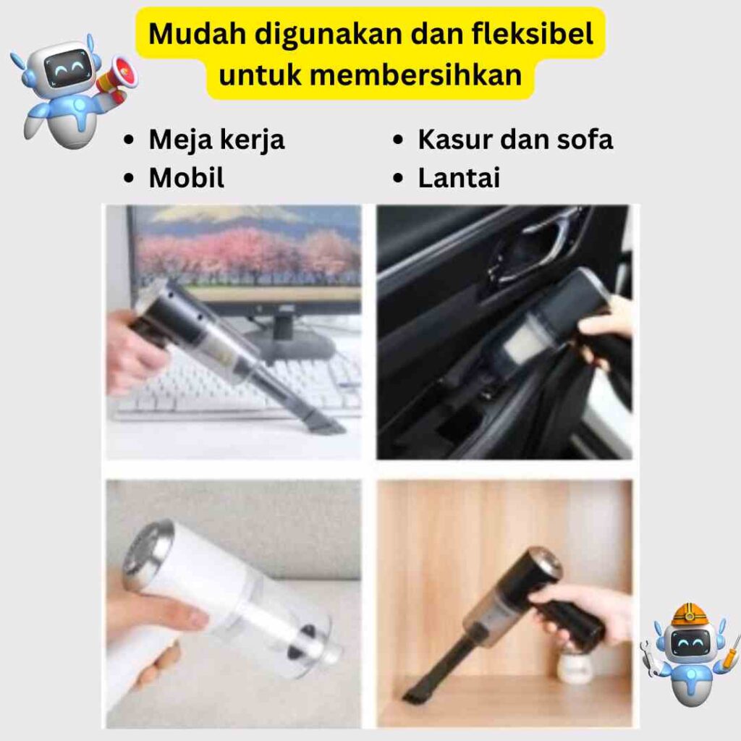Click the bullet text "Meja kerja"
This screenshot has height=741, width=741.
217,140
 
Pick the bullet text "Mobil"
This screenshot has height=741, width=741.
187,178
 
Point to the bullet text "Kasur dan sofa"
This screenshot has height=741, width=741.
515,140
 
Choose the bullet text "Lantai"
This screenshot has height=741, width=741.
459,178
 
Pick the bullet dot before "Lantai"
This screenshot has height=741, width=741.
399,178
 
